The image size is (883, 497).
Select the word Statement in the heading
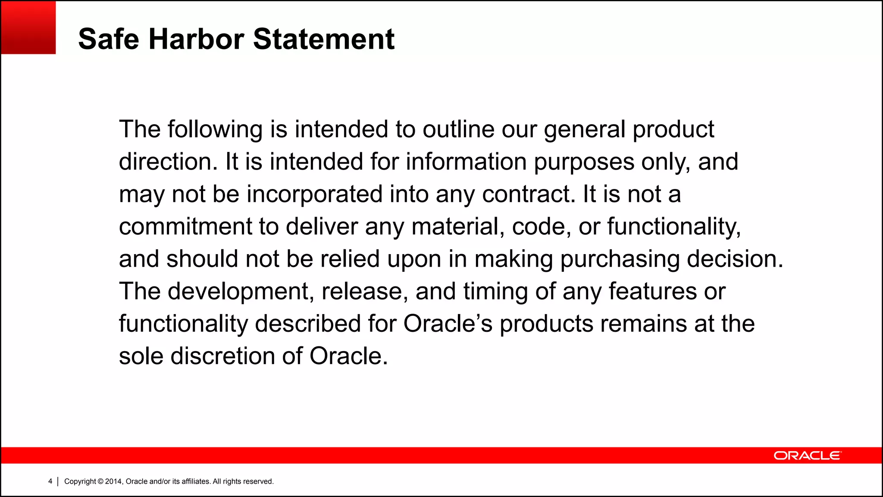(323, 39)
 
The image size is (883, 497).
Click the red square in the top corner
(28, 27)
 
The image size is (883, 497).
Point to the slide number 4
(50, 481)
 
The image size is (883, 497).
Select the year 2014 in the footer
(113, 481)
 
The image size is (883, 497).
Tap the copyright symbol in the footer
(100, 481)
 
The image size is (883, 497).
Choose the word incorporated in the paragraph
(315, 194)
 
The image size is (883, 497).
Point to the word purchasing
(620, 259)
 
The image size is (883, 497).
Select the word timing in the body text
(495, 292)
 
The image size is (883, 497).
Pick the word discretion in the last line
(223, 356)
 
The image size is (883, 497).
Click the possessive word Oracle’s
(448, 324)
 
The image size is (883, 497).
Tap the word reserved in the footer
(258, 481)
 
